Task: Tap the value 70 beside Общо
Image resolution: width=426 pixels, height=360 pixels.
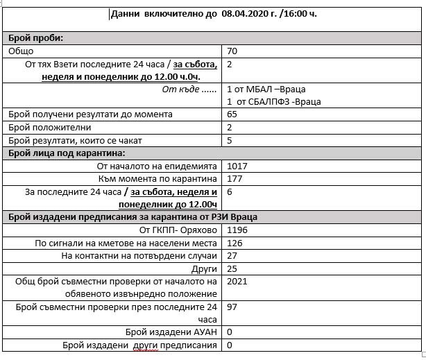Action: click(232, 51)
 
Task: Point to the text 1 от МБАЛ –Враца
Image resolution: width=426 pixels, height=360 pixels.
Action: click(266, 89)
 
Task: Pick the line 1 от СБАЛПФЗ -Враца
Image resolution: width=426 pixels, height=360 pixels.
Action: click(273, 102)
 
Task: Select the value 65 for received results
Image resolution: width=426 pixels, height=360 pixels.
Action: click(232, 114)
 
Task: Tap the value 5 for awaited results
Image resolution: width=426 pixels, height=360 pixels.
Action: click(230, 140)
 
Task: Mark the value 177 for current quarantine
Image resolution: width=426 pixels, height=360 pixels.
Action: click(235, 179)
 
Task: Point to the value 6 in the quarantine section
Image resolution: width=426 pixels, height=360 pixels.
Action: click(230, 191)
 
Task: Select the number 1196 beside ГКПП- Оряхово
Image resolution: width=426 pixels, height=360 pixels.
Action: click(237, 230)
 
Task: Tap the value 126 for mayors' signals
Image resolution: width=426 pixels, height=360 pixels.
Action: click(235, 243)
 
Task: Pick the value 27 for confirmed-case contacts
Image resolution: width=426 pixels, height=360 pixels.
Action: click(232, 255)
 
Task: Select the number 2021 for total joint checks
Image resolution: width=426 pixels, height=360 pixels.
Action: click(237, 281)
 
